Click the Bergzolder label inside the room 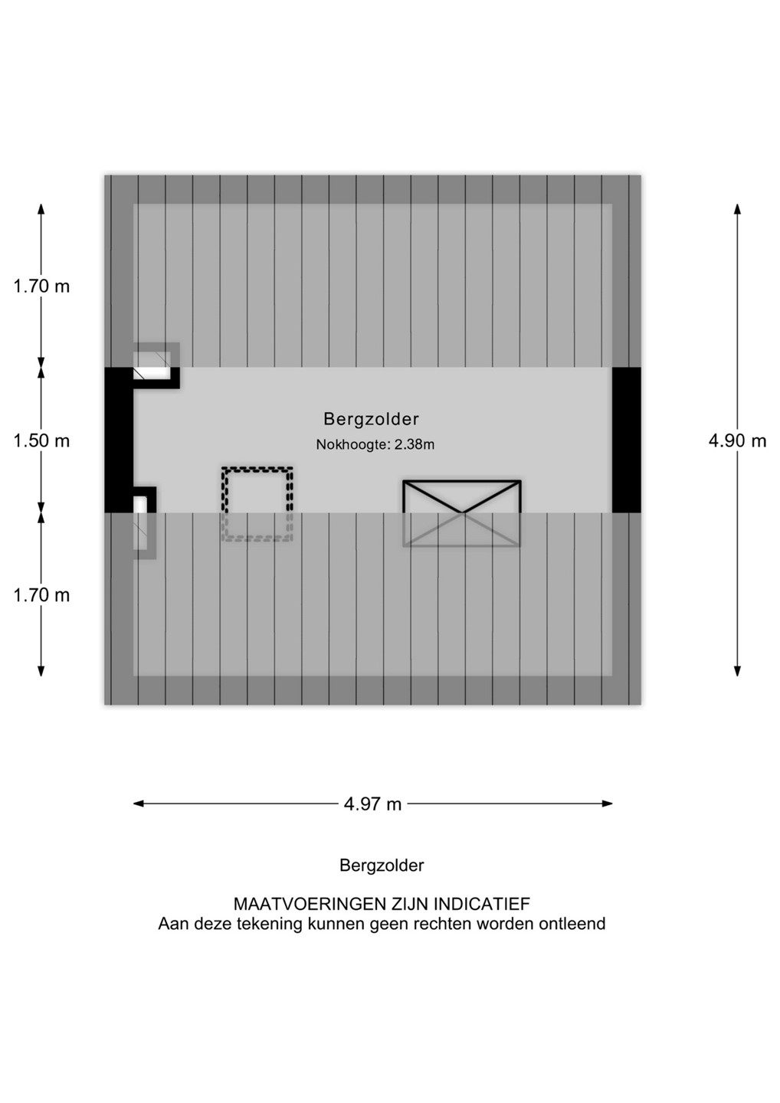point(371,419)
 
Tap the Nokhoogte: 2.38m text point(375,444)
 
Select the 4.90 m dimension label point(737,440)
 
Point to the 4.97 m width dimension point(373,804)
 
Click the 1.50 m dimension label point(41,440)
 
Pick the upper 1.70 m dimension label point(41,286)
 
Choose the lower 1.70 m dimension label point(41,595)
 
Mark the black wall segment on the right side point(626,440)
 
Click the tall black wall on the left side point(119,440)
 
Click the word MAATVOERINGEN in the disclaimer point(310,904)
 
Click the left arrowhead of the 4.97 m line point(139,804)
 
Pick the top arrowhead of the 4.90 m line point(737,209)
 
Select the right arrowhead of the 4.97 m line point(607,804)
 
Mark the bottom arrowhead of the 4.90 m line point(737,671)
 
